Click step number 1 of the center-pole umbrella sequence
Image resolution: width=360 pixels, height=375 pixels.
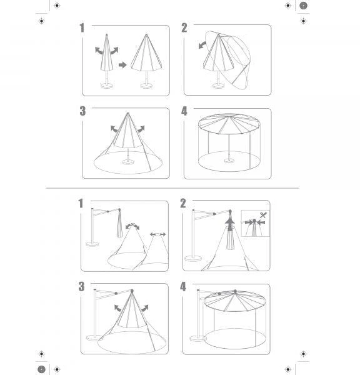[x=82, y=27]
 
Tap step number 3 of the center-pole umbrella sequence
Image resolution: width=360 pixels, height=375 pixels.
[x=82, y=111]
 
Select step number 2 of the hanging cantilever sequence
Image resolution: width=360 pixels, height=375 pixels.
[x=183, y=203]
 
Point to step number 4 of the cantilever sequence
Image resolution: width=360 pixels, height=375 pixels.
[x=183, y=286]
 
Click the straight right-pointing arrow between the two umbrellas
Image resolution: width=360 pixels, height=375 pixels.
[x=122, y=65]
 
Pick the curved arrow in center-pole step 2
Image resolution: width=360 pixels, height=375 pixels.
[x=202, y=45]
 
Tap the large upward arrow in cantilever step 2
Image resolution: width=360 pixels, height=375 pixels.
[x=230, y=225]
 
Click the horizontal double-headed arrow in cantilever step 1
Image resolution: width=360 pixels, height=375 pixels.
[x=157, y=234]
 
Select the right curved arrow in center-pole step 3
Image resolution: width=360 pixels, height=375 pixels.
[x=141, y=129]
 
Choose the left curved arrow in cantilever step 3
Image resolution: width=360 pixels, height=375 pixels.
[x=117, y=308]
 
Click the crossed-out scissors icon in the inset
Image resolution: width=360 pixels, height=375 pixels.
[x=263, y=215]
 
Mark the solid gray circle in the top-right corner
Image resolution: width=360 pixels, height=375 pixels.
[x=303, y=6]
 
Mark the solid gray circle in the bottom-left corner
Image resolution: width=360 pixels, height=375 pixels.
[x=42, y=369]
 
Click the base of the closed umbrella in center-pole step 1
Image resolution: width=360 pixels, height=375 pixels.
[x=107, y=86]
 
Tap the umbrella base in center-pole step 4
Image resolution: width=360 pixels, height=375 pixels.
[x=229, y=161]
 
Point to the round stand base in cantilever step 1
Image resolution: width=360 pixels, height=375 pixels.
[x=92, y=244]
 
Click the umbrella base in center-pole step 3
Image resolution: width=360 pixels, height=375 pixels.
[x=128, y=162]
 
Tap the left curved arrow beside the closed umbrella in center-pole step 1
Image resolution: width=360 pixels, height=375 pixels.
[x=99, y=51]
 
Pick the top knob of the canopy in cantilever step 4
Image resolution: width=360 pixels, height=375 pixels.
[x=236, y=291]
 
